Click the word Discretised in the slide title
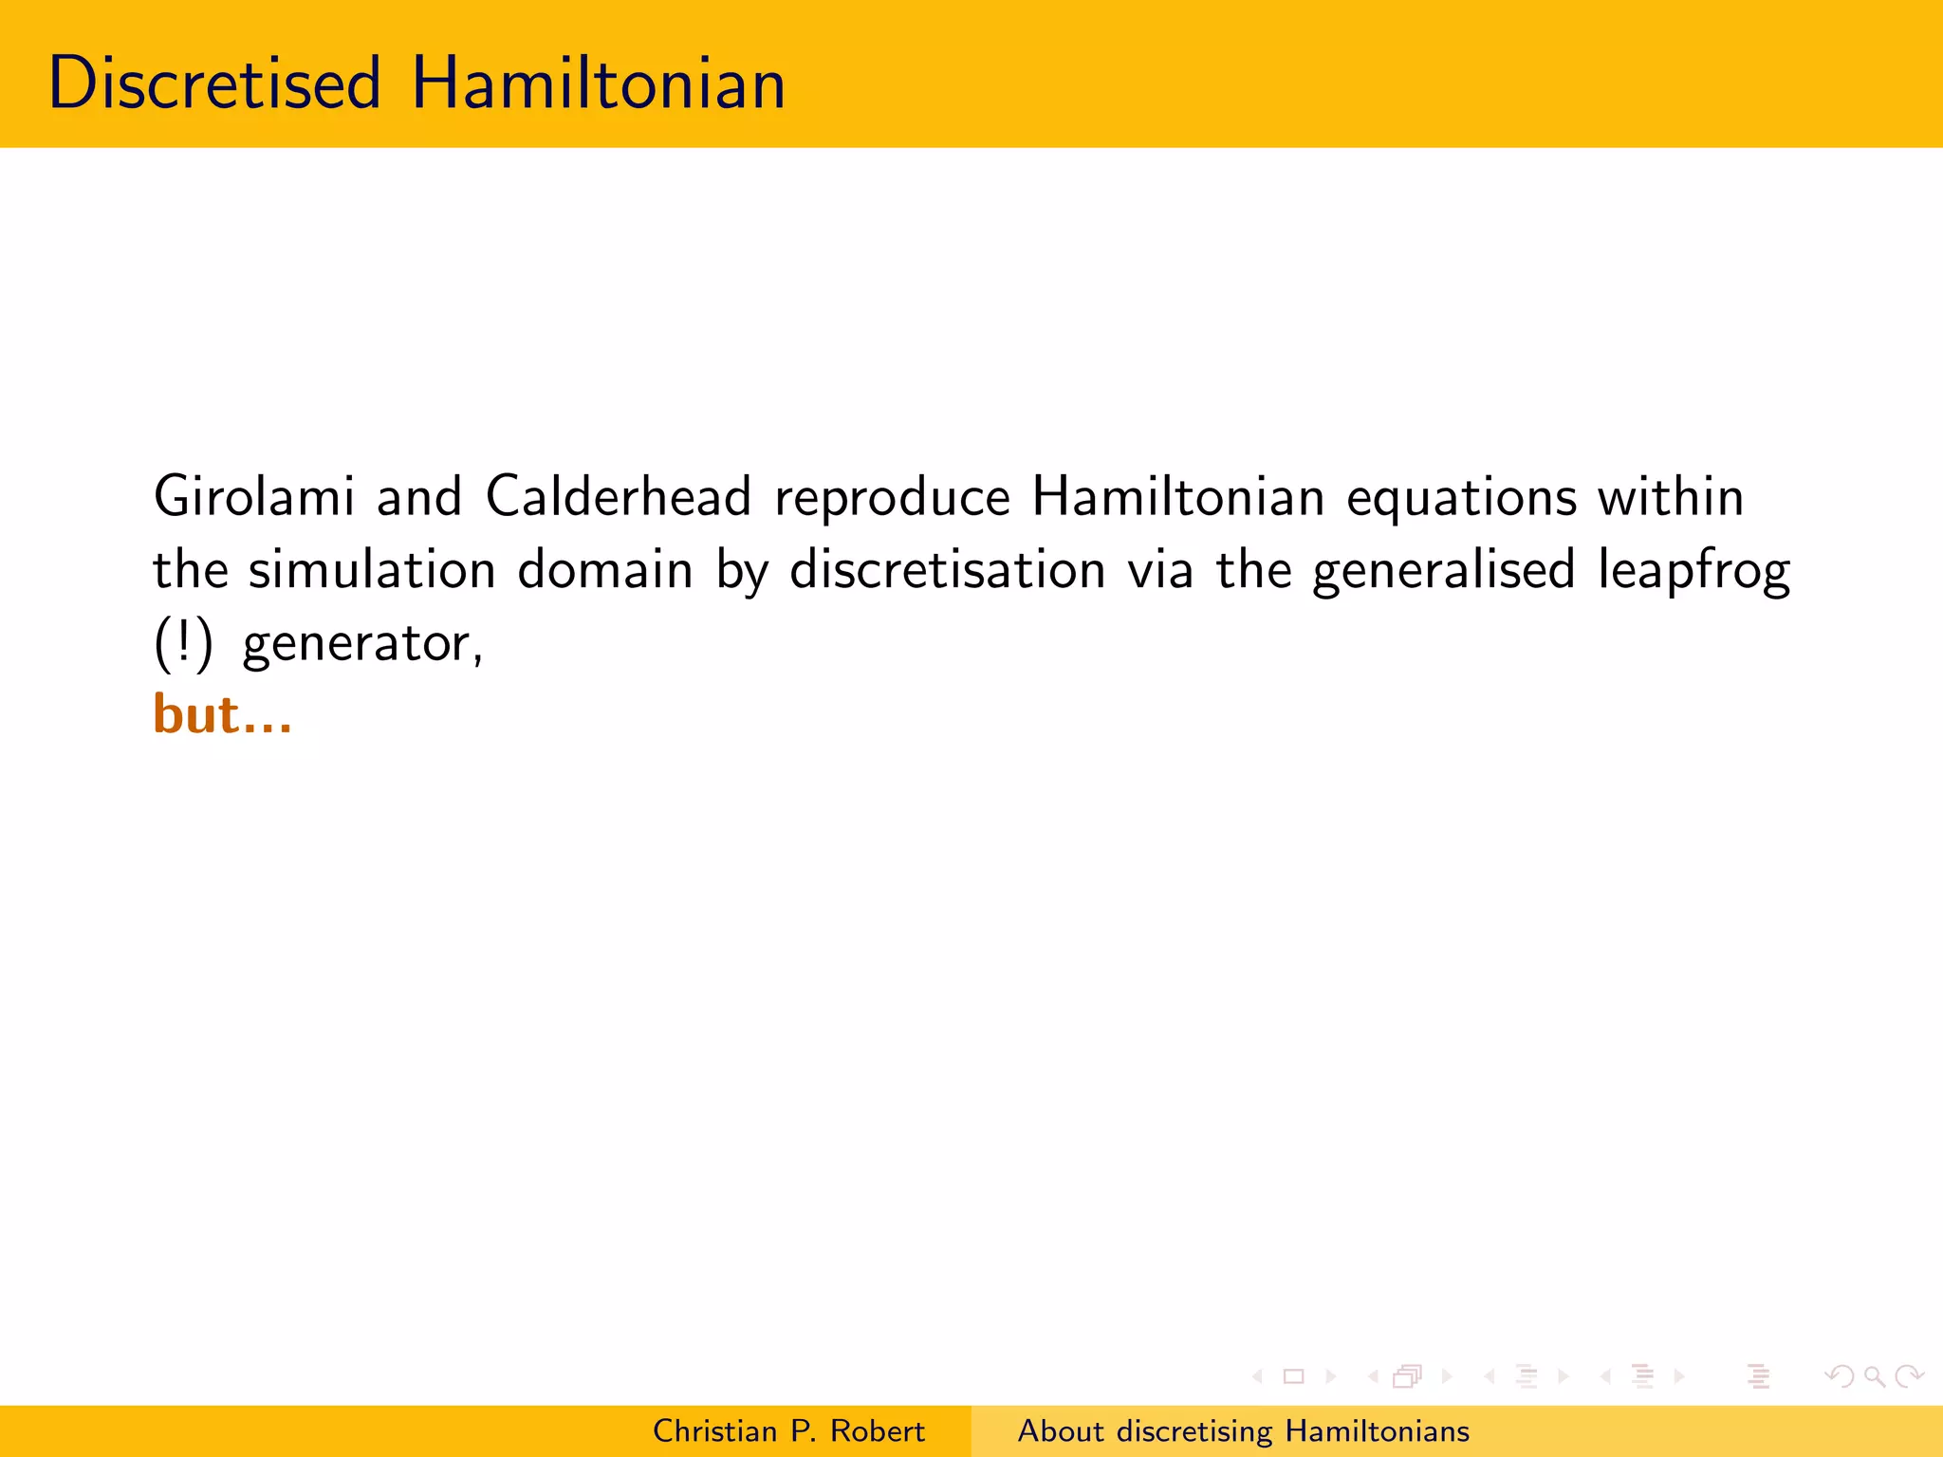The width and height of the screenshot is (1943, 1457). coord(214,83)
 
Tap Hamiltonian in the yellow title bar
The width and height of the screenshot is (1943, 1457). coord(598,83)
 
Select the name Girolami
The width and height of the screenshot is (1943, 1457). coord(254,496)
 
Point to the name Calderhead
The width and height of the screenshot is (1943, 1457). coord(619,496)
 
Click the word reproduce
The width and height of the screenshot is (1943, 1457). coord(893,498)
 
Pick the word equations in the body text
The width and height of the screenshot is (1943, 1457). coord(1461,498)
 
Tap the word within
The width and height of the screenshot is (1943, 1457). coord(1671,496)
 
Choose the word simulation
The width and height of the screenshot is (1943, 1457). coord(372,569)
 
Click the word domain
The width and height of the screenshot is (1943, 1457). coord(605,569)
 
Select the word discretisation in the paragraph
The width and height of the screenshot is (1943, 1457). coord(948,569)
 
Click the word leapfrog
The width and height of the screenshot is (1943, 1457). coord(1693,571)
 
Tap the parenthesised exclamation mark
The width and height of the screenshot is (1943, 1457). coord(183,643)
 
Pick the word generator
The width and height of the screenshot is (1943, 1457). coord(362,645)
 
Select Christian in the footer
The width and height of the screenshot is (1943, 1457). coord(714,1430)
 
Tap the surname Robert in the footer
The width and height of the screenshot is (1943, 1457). coord(878,1430)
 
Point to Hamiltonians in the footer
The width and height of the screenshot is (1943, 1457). coord(1377,1430)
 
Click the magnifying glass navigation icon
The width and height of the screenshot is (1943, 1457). coord(1874,1376)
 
